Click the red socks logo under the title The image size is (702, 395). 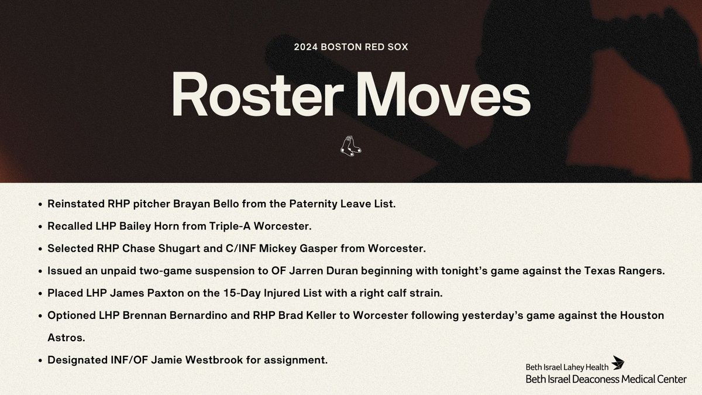point(350,146)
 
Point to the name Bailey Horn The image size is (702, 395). point(152,226)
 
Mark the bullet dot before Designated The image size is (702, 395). point(39,360)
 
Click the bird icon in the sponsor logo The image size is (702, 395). point(618,363)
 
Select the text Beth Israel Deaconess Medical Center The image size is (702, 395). point(605,379)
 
